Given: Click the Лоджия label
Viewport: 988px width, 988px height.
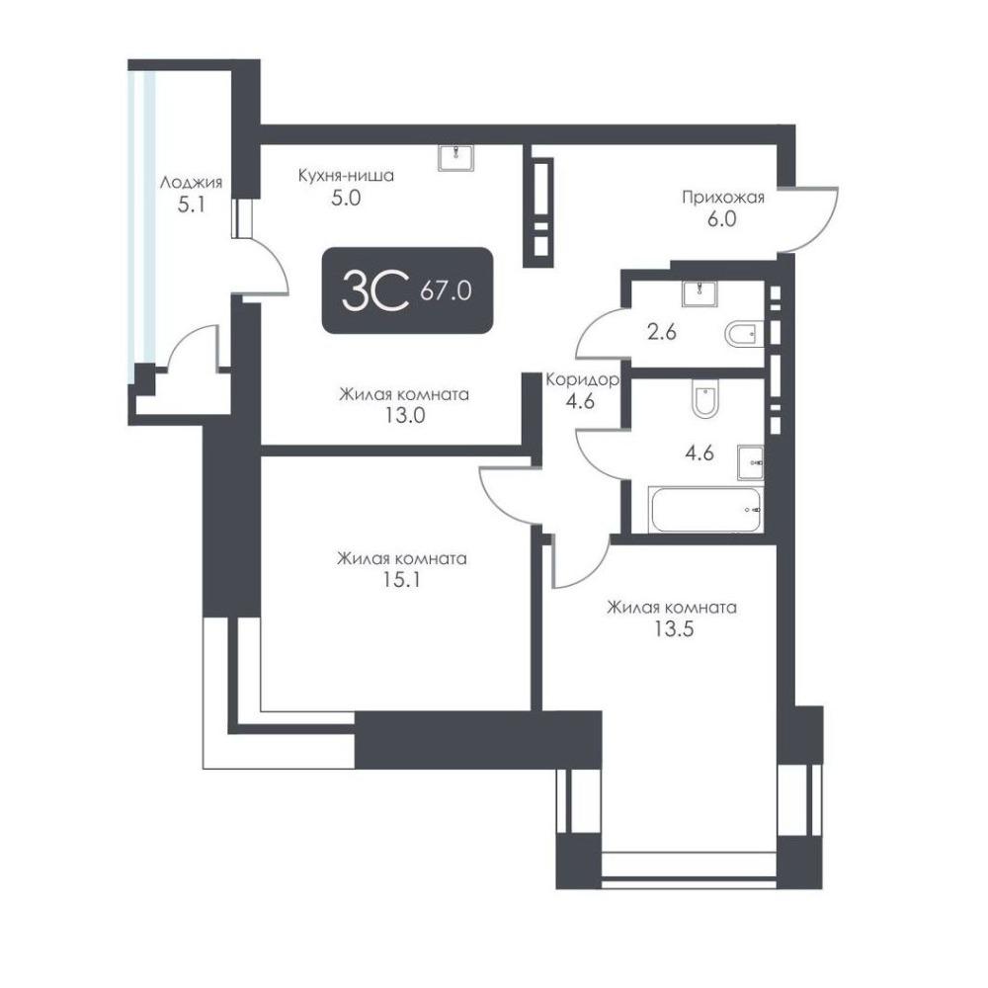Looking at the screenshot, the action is [191, 183].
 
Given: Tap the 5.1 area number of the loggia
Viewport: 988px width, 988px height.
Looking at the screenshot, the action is [191, 205].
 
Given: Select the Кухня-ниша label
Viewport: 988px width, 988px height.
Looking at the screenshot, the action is [346, 175].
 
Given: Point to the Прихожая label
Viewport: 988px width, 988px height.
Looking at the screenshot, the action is [723, 198].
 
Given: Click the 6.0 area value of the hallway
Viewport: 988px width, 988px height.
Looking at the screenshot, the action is [722, 219].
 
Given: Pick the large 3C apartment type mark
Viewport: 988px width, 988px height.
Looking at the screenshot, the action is [375, 291].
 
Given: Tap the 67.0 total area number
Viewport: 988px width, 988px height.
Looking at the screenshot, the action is [447, 291].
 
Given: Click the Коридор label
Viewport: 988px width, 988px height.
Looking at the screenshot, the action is [582, 380].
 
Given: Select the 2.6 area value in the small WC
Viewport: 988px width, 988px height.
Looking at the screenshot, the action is [662, 331].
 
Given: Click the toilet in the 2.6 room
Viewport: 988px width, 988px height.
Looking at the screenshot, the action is [744, 334].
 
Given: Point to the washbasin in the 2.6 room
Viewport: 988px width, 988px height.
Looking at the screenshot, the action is [700, 293].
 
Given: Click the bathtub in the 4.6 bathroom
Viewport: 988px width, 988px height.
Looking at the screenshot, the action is [705, 509].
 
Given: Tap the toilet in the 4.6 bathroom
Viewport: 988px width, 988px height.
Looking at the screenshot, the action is [704, 399].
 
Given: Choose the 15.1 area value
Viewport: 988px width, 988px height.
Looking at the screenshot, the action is [401, 580].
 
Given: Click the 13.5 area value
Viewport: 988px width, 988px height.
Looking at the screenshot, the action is [674, 628].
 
